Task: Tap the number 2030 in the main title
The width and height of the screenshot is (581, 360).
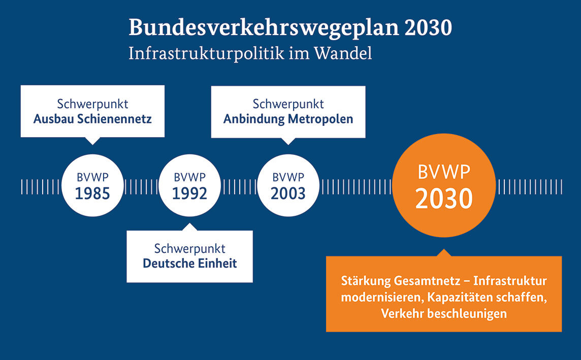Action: (428, 27)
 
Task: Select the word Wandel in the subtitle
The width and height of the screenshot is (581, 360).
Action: (343, 53)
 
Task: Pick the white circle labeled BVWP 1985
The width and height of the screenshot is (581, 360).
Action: (92, 185)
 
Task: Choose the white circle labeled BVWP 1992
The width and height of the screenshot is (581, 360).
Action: (190, 185)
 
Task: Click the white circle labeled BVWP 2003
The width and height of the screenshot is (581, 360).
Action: (288, 185)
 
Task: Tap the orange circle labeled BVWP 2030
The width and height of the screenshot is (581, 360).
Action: (444, 185)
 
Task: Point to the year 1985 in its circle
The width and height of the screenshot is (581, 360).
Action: (92, 193)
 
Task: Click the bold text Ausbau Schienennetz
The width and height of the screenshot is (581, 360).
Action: (92, 119)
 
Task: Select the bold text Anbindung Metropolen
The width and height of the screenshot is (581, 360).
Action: (288, 119)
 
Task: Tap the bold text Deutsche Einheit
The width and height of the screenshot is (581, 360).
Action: (190, 264)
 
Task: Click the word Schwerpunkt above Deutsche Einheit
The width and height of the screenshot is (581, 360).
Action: (190, 248)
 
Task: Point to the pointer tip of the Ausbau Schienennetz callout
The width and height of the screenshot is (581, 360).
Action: (92, 144)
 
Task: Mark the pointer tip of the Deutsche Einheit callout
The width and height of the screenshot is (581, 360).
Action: (190, 223)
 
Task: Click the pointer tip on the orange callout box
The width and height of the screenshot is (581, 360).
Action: (444, 249)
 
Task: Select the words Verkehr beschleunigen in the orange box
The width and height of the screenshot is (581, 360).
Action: (444, 314)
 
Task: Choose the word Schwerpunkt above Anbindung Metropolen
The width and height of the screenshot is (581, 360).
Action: (288, 104)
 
